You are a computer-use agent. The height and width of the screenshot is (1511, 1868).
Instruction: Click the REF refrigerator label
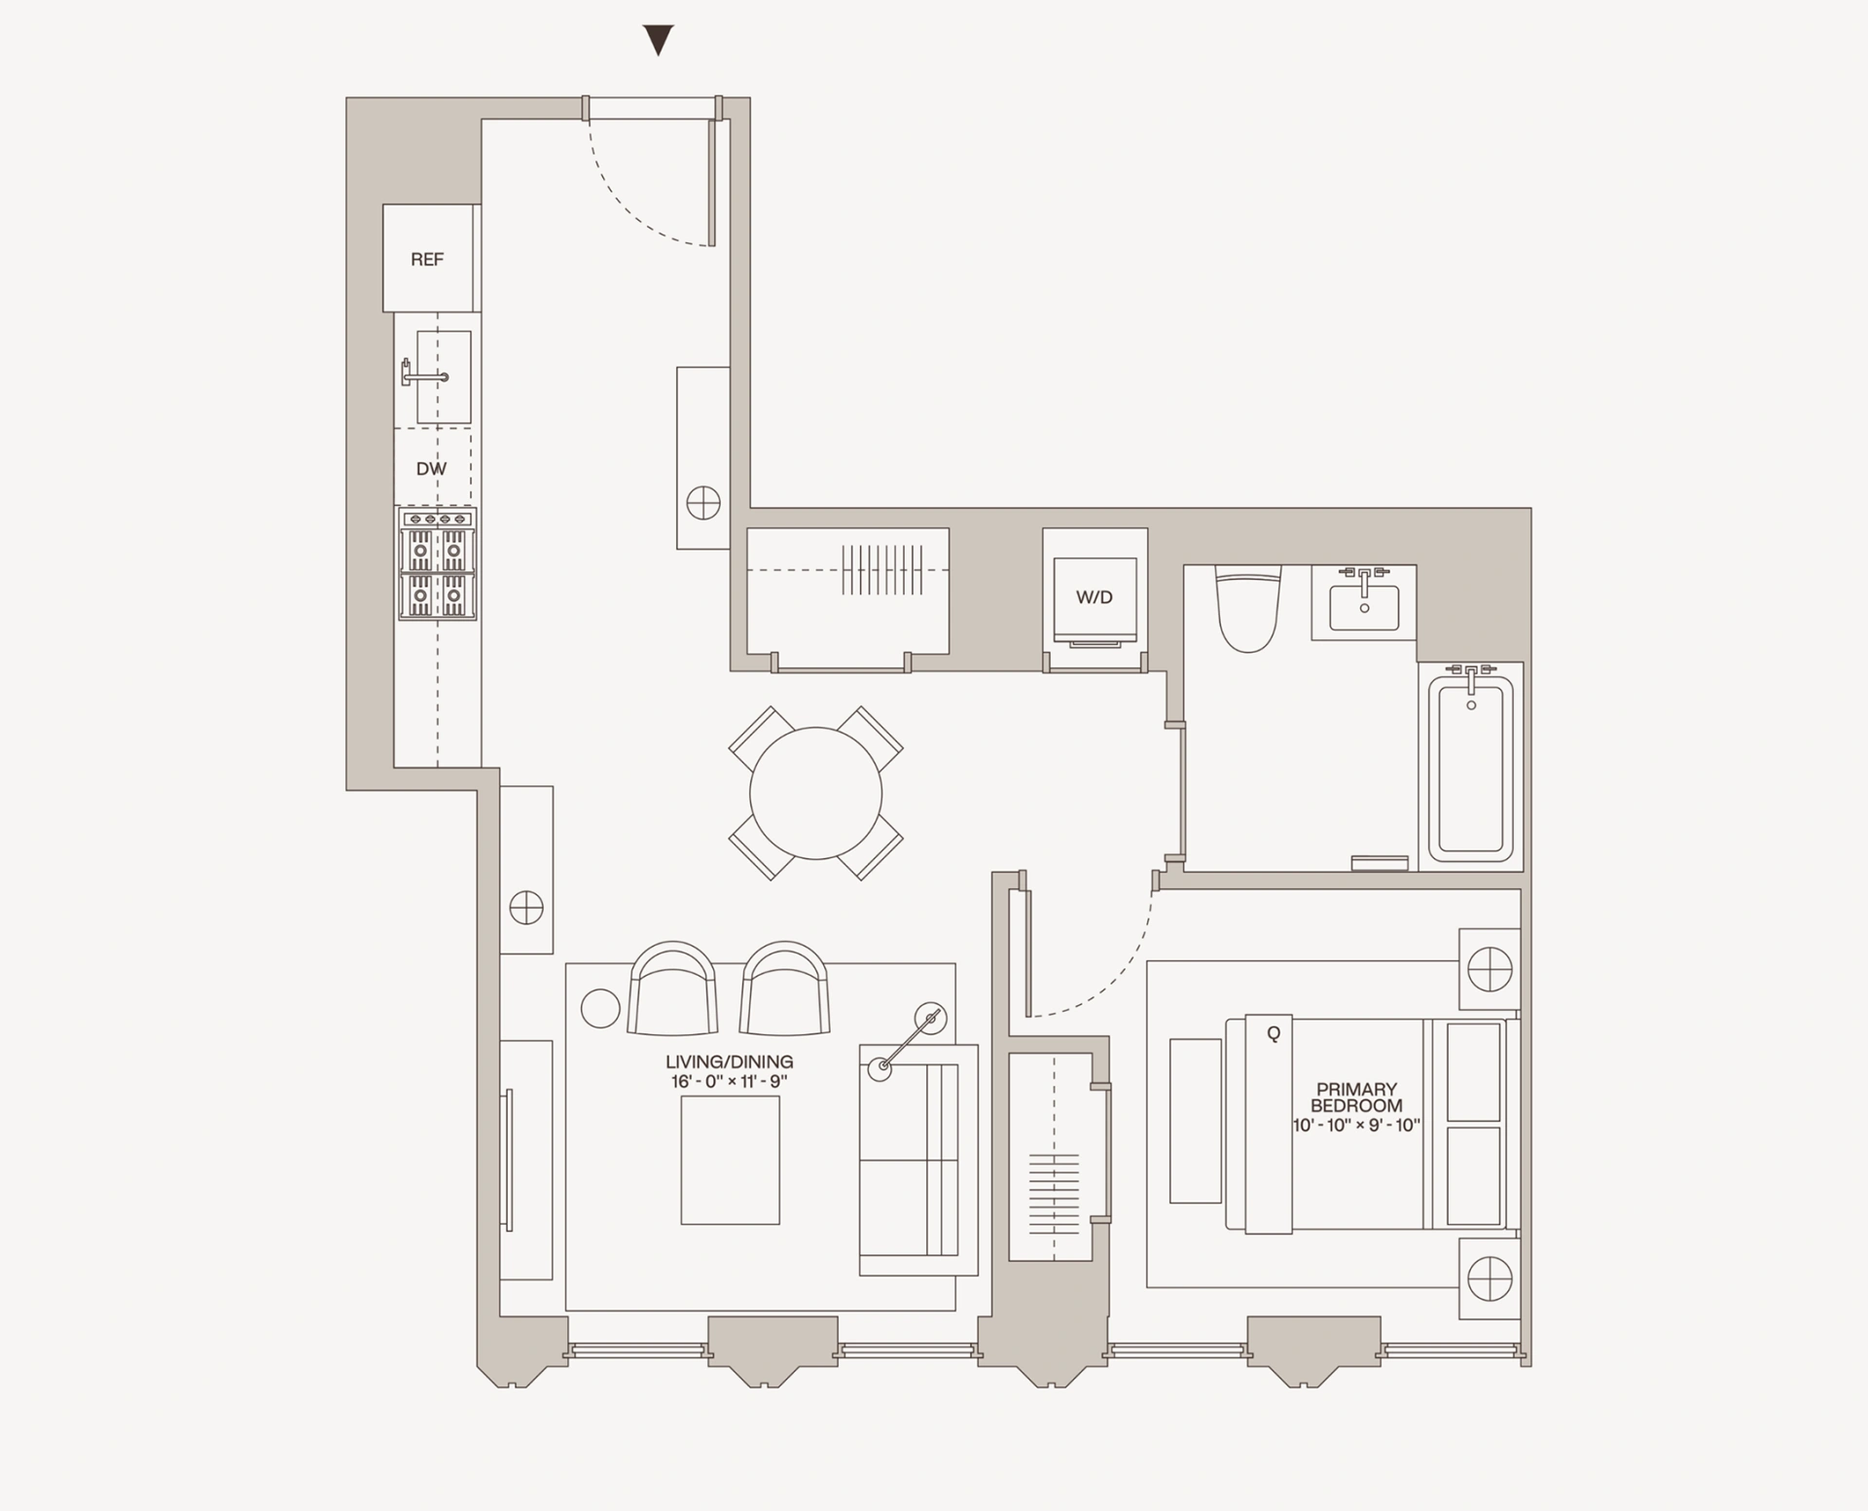pos(427,260)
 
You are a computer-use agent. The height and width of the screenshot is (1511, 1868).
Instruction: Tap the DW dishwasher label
pos(431,469)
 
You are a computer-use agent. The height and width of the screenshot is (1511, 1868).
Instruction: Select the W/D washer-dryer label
pos(1094,597)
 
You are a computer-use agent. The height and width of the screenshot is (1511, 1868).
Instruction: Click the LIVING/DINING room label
pos(729,1061)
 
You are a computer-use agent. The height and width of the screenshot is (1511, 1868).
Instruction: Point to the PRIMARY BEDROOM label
pos(1356,1097)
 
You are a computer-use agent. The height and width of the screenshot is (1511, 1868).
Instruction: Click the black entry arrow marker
pos(659,41)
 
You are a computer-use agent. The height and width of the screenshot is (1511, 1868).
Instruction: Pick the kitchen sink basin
pos(445,377)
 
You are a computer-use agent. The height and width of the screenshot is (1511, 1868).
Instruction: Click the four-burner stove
pos(437,564)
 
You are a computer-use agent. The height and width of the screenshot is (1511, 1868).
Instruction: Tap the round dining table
pos(815,793)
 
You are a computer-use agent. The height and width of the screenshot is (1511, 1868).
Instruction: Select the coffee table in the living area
pos(730,1160)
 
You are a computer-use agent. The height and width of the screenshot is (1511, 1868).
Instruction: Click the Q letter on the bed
pos(1274,1034)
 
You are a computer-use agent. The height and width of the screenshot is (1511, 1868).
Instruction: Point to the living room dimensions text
pos(729,1081)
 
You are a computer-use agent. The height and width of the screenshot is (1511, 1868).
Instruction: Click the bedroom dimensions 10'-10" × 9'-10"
pos(1356,1126)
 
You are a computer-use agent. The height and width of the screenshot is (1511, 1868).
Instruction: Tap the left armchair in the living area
pos(673,989)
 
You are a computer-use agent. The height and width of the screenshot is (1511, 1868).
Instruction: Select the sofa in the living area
pos(917,1160)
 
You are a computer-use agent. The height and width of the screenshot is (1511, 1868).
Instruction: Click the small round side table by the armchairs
pos(600,1009)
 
